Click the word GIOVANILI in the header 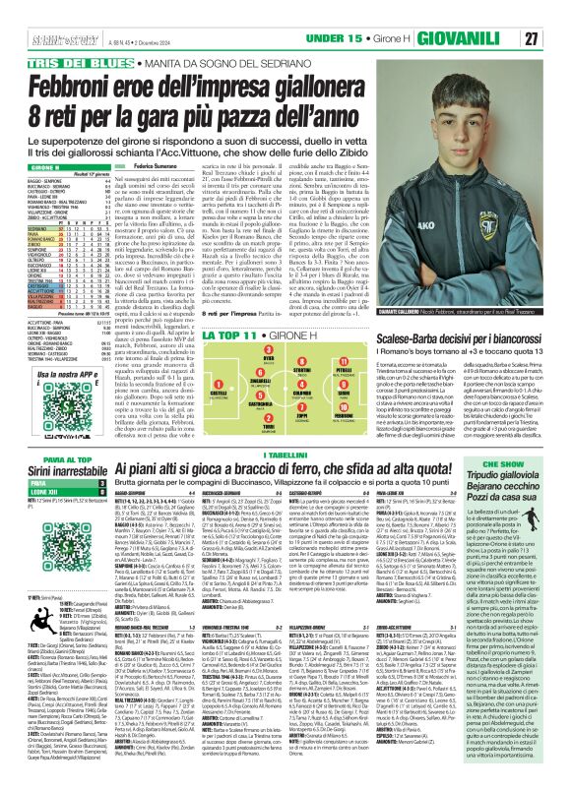[497, 11]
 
